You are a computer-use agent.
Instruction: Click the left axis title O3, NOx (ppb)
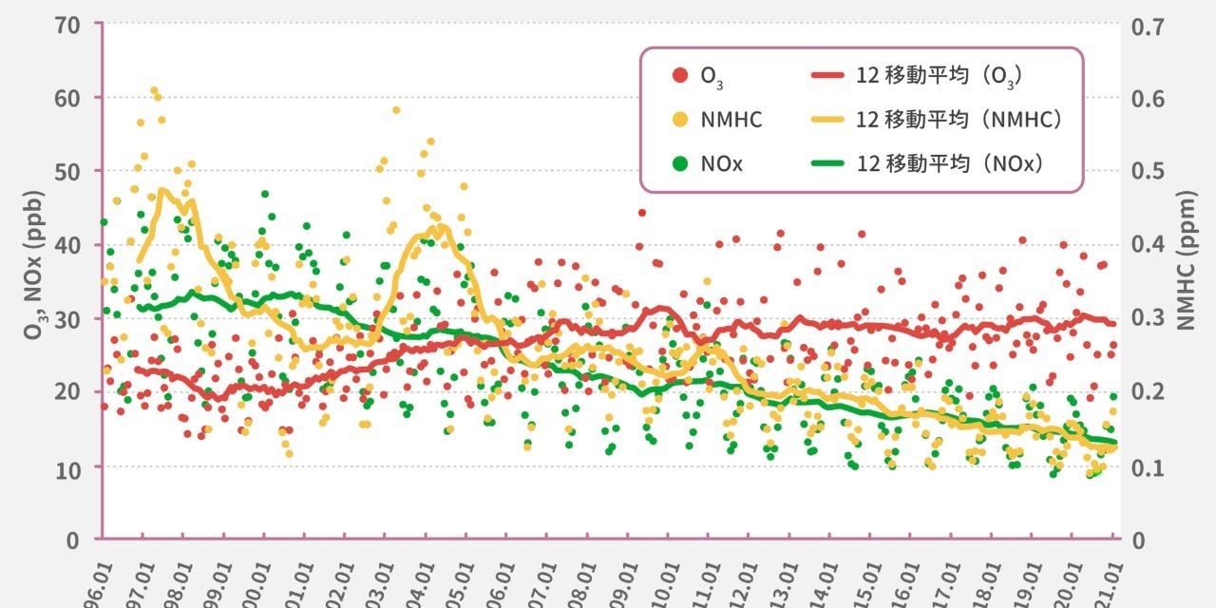36,269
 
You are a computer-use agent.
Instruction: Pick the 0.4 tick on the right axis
1148,244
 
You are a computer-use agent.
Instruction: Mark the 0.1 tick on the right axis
1148,466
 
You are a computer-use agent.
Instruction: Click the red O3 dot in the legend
679,75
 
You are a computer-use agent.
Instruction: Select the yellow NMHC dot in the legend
679,120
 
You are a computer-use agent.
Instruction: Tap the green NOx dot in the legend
679,163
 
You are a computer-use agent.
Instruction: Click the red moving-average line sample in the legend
828,75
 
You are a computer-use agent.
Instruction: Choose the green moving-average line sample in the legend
828,163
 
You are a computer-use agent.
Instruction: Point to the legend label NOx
722,163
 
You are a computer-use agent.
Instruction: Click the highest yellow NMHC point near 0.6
154,91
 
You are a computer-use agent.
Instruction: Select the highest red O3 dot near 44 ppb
642,213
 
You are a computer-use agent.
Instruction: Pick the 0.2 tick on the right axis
1148,392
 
